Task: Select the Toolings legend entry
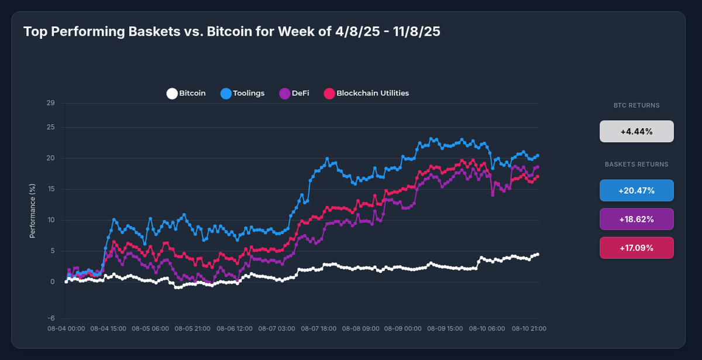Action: [x=249, y=93]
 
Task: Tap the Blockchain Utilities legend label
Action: [x=373, y=93]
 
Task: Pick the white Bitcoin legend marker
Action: [x=171, y=93]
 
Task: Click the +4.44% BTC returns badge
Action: [x=636, y=132]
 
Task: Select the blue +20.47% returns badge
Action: [x=636, y=190]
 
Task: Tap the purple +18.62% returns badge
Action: [x=636, y=219]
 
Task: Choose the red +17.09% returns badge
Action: [x=636, y=248]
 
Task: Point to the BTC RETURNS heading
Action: [x=636, y=106]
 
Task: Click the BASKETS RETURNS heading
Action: [x=636, y=164]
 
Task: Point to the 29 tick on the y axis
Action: [x=51, y=104]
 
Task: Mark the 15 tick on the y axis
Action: [x=51, y=189]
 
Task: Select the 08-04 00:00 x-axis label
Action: [x=66, y=328]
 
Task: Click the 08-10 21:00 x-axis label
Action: [x=529, y=328]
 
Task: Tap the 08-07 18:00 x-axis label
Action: [x=319, y=328]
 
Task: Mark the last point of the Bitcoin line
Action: [x=538, y=254]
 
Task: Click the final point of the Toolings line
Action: [x=538, y=155]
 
